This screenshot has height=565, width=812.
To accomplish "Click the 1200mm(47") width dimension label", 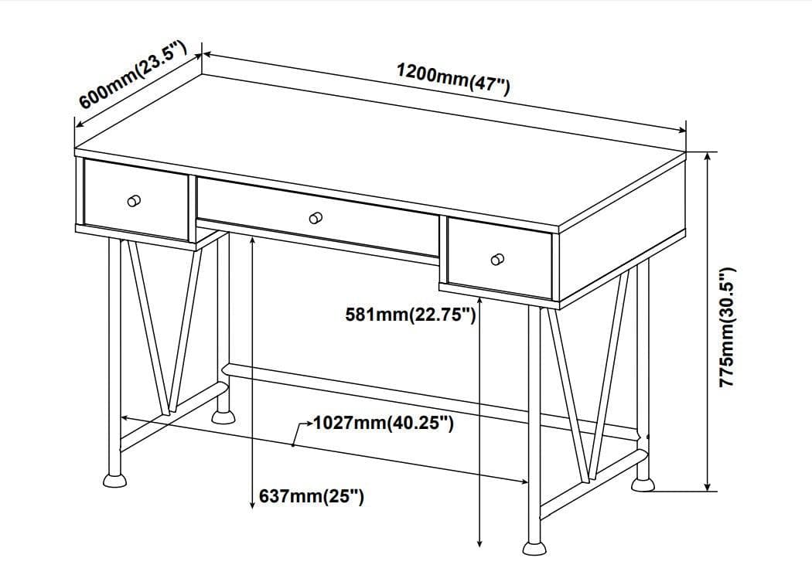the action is (454, 79).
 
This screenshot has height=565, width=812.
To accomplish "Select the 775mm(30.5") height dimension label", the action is (727, 327).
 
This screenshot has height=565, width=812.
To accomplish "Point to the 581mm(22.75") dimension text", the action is (410, 314).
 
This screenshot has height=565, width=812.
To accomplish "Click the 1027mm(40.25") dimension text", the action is (384, 423).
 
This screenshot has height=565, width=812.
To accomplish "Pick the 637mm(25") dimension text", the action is (311, 496).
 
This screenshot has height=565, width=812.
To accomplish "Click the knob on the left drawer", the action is (134, 201).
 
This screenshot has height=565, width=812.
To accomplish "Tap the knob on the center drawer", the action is (316, 218).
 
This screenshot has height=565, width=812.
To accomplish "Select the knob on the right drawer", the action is (497, 259).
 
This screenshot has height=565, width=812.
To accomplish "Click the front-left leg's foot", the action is (114, 480).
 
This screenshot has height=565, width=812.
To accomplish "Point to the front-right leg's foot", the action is (534, 549).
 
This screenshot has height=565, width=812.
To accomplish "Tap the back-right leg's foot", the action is (643, 485).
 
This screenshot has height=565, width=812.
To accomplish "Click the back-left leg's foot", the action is (223, 417).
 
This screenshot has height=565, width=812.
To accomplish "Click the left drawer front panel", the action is (135, 199).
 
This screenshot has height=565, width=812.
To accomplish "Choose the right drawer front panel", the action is (500, 258).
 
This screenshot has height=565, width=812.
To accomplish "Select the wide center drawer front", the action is (318, 216).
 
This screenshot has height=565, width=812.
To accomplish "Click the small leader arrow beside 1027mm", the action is (302, 432).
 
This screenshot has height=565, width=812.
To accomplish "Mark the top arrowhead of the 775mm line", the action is (708, 156).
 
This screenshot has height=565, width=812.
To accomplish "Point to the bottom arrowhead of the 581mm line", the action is (479, 543).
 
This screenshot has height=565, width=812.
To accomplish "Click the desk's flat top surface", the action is (380, 150).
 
